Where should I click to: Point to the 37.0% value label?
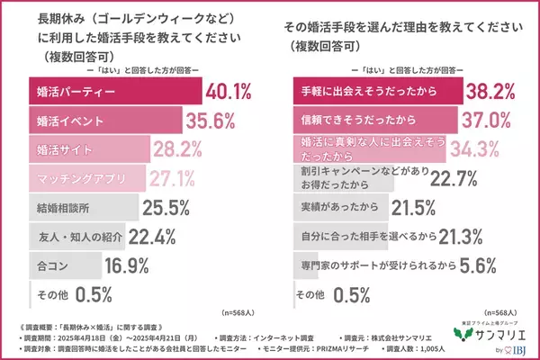tap(486, 120)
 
